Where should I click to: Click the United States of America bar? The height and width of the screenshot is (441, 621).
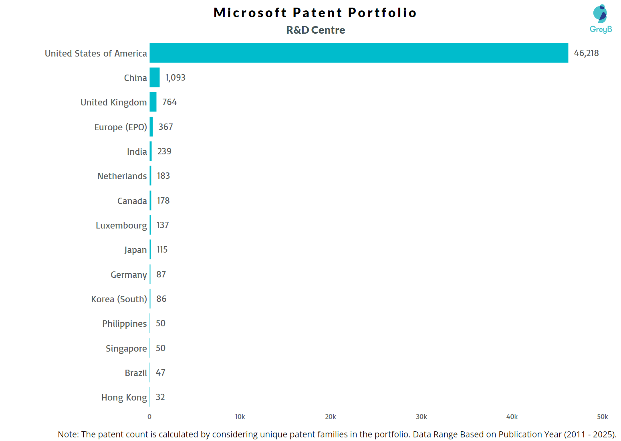pyautogui.click(x=359, y=53)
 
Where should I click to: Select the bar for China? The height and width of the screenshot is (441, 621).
pyautogui.click(x=155, y=77)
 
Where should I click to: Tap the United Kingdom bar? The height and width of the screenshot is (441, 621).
pyautogui.click(x=153, y=102)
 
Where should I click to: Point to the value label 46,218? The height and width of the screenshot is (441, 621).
pyautogui.click(x=586, y=53)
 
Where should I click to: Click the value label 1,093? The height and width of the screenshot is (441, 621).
pyautogui.click(x=175, y=77)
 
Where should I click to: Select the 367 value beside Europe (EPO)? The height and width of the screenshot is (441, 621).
pyautogui.click(x=166, y=127)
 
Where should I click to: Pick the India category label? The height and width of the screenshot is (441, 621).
pyautogui.click(x=137, y=152)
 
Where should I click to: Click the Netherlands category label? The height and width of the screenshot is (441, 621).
pyautogui.click(x=122, y=176)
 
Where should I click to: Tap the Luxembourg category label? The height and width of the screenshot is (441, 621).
pyautogui.click(x=121, y=225)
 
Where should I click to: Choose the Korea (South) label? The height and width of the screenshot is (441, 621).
pyautogui.click(x=119, y=299)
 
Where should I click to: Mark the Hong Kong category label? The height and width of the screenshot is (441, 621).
pyautogui.click(x=124, y=397)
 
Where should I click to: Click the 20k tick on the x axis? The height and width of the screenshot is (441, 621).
pyautogui.click(x=331, y=417)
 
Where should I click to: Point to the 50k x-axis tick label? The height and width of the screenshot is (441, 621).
pyautogui.click(x=602, y=417)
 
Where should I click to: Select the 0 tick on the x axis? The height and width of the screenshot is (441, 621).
pyautogui.click(x=149, y=417)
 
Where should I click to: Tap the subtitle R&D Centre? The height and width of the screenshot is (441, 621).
pyautogui.click(x=316, y=30)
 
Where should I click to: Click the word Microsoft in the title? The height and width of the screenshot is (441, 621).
pyautogui.click(x=250, y=13)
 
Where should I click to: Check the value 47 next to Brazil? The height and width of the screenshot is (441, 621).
pyautogui.click(x=161, y=372)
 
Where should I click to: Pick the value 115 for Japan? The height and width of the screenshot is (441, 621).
pyautogui.click(x=162, y=249)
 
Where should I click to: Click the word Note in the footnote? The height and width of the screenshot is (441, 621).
pyautogui.click(x=68, y=434)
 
